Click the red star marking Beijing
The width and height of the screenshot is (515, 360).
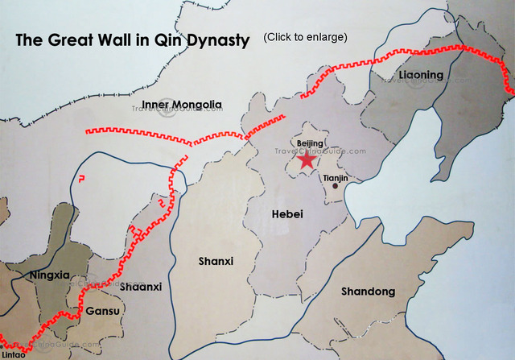pos(307,159)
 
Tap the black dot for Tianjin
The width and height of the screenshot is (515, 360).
pos(336,186)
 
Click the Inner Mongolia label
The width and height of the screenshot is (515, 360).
pos(181,105)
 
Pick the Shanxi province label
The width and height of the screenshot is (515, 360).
pos(216,261)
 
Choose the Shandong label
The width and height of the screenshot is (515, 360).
pos(368,291)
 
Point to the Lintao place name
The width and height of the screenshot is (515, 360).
pos(12,354)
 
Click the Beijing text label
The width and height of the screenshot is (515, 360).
pos(310,143)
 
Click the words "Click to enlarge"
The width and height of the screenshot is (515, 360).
pos(305,37)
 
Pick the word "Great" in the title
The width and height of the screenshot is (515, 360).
pos(68,39)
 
